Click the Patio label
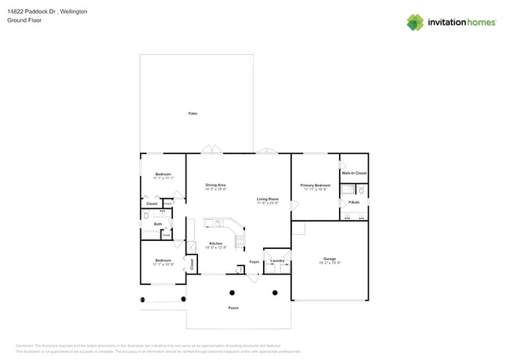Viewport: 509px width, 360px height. tap(193, 113)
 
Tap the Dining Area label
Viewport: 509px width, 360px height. tap(215, 185)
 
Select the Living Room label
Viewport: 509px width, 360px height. tap(268, 200)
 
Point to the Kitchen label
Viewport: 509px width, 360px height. tap(215, 243)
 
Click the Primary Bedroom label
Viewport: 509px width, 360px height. tap(315, 185)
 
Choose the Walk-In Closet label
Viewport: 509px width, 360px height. tap(354, 173)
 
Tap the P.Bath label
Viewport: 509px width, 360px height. tap(354, 203)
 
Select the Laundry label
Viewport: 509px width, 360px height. tap(277, 261)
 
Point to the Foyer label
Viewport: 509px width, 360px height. tap(254, 261)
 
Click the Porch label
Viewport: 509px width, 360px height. tap(233, 308)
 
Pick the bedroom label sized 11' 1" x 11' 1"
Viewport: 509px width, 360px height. tap(163, 175)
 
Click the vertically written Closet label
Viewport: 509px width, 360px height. tap(192, 265)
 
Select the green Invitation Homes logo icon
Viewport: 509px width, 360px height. tap(415, 23)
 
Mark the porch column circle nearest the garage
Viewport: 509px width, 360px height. tap(275, 293)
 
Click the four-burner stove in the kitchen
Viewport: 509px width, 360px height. tap(240, 240)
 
